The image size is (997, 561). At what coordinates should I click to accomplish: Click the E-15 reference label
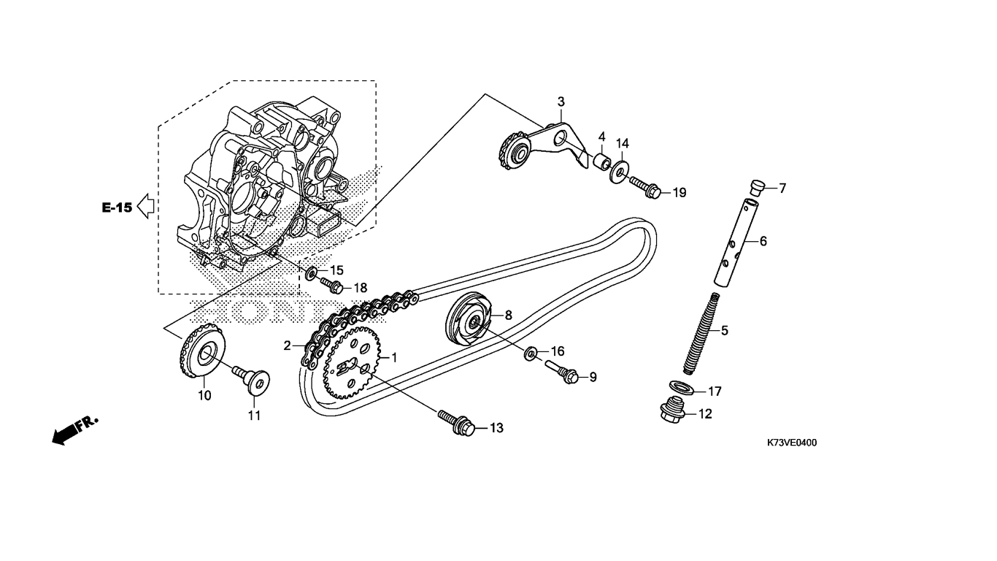pyautogui.click(x=117, y=207)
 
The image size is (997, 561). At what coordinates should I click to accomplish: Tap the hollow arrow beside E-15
pyautogui.click(x=146, y=207)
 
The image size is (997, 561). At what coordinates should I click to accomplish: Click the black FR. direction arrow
pyautogui.click(x=66, y=433)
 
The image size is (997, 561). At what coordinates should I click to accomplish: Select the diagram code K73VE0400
pyautogui.click(x=791, y=443)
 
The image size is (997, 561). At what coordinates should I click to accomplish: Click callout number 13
pyautogui.click(x=496, y=428)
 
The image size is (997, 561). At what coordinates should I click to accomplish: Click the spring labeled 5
pyautogui.click(x=702, y=331)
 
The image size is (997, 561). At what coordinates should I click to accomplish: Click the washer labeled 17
pyautogui.click(x=681, y=386)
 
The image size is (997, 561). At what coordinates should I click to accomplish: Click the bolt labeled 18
pyautogui.click(x=333, y=286)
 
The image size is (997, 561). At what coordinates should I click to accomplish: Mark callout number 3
pyautogui.click(x=561, y=102)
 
